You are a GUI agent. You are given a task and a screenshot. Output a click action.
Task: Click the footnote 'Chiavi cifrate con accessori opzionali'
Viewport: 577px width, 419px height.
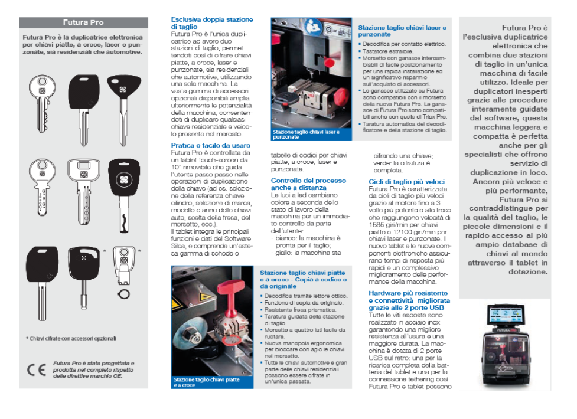(x=71, y=339)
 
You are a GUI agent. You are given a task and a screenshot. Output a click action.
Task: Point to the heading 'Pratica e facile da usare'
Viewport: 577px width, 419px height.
(x=210, y=145)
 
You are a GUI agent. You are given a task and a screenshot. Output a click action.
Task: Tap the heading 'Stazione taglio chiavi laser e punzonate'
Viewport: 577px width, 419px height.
(x=402, y=31)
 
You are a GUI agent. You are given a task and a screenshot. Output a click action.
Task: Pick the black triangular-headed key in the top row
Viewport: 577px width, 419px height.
(x=123, y=94)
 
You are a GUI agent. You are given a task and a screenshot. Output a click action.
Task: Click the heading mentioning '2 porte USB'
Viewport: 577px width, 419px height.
(x=408, y=300)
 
